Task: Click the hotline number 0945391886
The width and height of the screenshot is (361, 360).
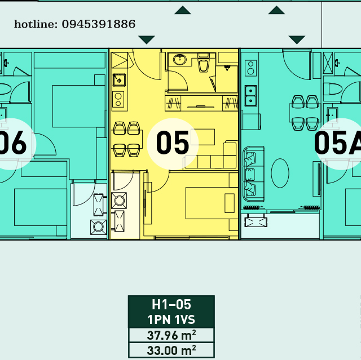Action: click(99, 24)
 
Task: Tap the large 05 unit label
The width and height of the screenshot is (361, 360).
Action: click(173, 143)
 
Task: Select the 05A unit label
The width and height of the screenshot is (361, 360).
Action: click(337, 143)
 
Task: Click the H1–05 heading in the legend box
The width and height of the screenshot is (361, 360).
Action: click(171, 304)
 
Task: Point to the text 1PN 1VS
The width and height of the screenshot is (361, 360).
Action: click(171, 319)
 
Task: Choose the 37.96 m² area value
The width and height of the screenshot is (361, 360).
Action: click(171, 335)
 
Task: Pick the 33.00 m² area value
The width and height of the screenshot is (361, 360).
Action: click(171, 350)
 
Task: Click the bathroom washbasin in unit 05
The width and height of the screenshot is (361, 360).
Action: click(180, 60)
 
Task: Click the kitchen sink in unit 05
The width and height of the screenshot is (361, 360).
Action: click(119, 80)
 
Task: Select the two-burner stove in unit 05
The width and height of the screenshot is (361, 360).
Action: click(118, 100)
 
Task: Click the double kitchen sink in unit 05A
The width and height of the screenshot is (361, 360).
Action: click(250, 96)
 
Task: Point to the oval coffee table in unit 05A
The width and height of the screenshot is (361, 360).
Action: click(280, 173)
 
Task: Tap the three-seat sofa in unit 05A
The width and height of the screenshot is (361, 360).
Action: click(253, 174)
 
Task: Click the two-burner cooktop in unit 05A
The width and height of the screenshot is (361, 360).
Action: click(250, 68)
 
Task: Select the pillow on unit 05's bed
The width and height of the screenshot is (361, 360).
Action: click(230, 203)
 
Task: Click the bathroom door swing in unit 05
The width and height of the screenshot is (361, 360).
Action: click(178, 81)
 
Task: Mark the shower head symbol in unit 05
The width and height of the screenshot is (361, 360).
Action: click(227, 68)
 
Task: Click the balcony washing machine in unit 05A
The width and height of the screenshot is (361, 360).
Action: click(256, 222)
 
